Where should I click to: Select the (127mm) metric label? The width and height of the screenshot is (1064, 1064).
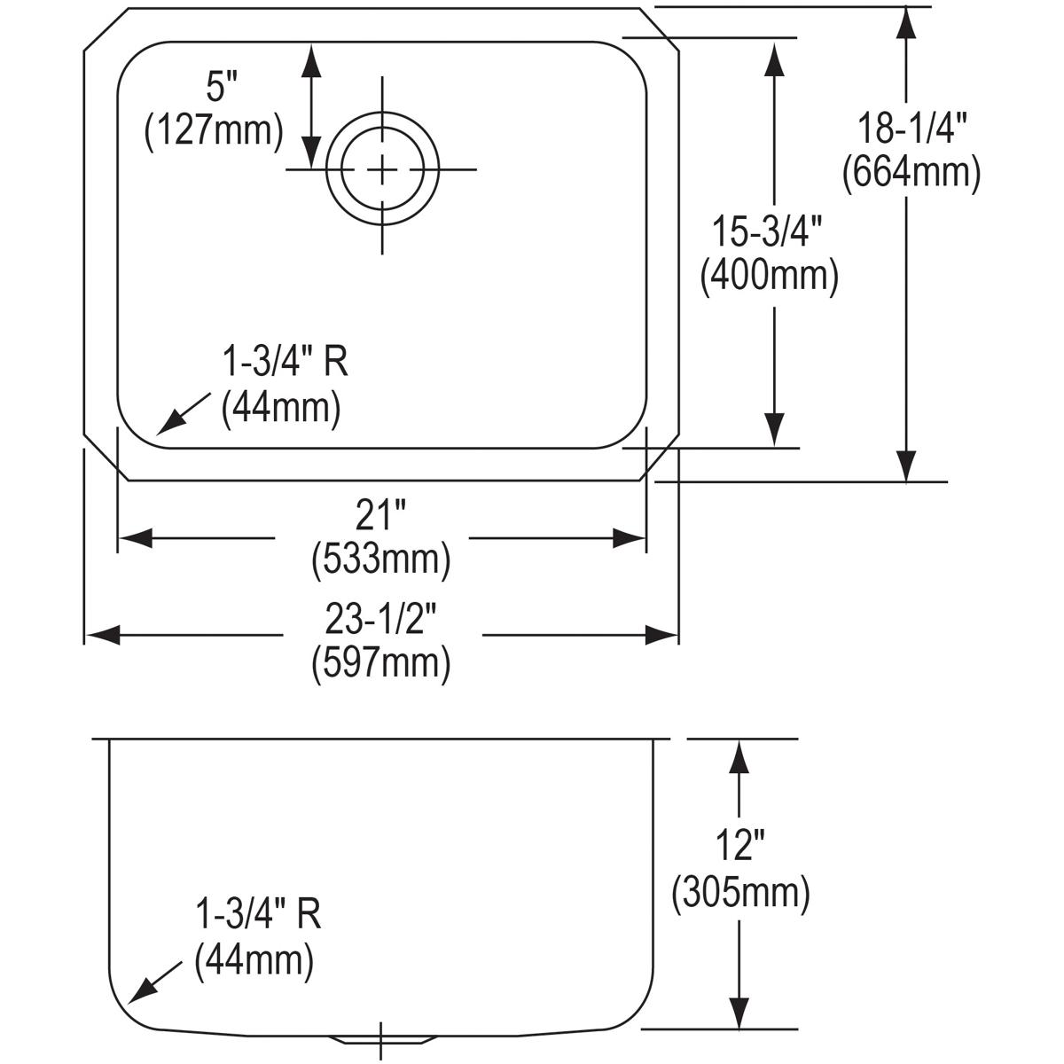pyautogui.click(x=214, y=130)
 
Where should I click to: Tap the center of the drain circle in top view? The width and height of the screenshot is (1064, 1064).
pyautogui.click(x=382, y=168)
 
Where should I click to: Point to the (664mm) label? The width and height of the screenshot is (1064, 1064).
pyautogui.click(x=911, y=172)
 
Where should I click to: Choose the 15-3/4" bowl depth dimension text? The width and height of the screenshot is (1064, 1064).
pyautogui.click(x=769, y=234)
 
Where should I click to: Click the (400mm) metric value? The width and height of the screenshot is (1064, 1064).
pyautogui.click(x=769, y=276)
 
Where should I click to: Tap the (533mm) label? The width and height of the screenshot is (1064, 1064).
pyautogui.click(x=381, y=559)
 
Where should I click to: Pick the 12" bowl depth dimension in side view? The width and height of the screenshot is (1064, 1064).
pyautogui.click(x=740, y=849)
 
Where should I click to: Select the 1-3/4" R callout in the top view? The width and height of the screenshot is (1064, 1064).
pyautogui.click(x=283, y=364)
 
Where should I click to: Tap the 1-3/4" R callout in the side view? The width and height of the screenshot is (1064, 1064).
pyautogui.click(x=256, y=915)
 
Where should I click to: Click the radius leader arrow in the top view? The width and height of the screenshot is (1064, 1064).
pyautogui.click(x=182, y=413)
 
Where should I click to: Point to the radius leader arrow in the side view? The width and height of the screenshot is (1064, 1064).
pyautogui.click(x=153, y=981)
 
